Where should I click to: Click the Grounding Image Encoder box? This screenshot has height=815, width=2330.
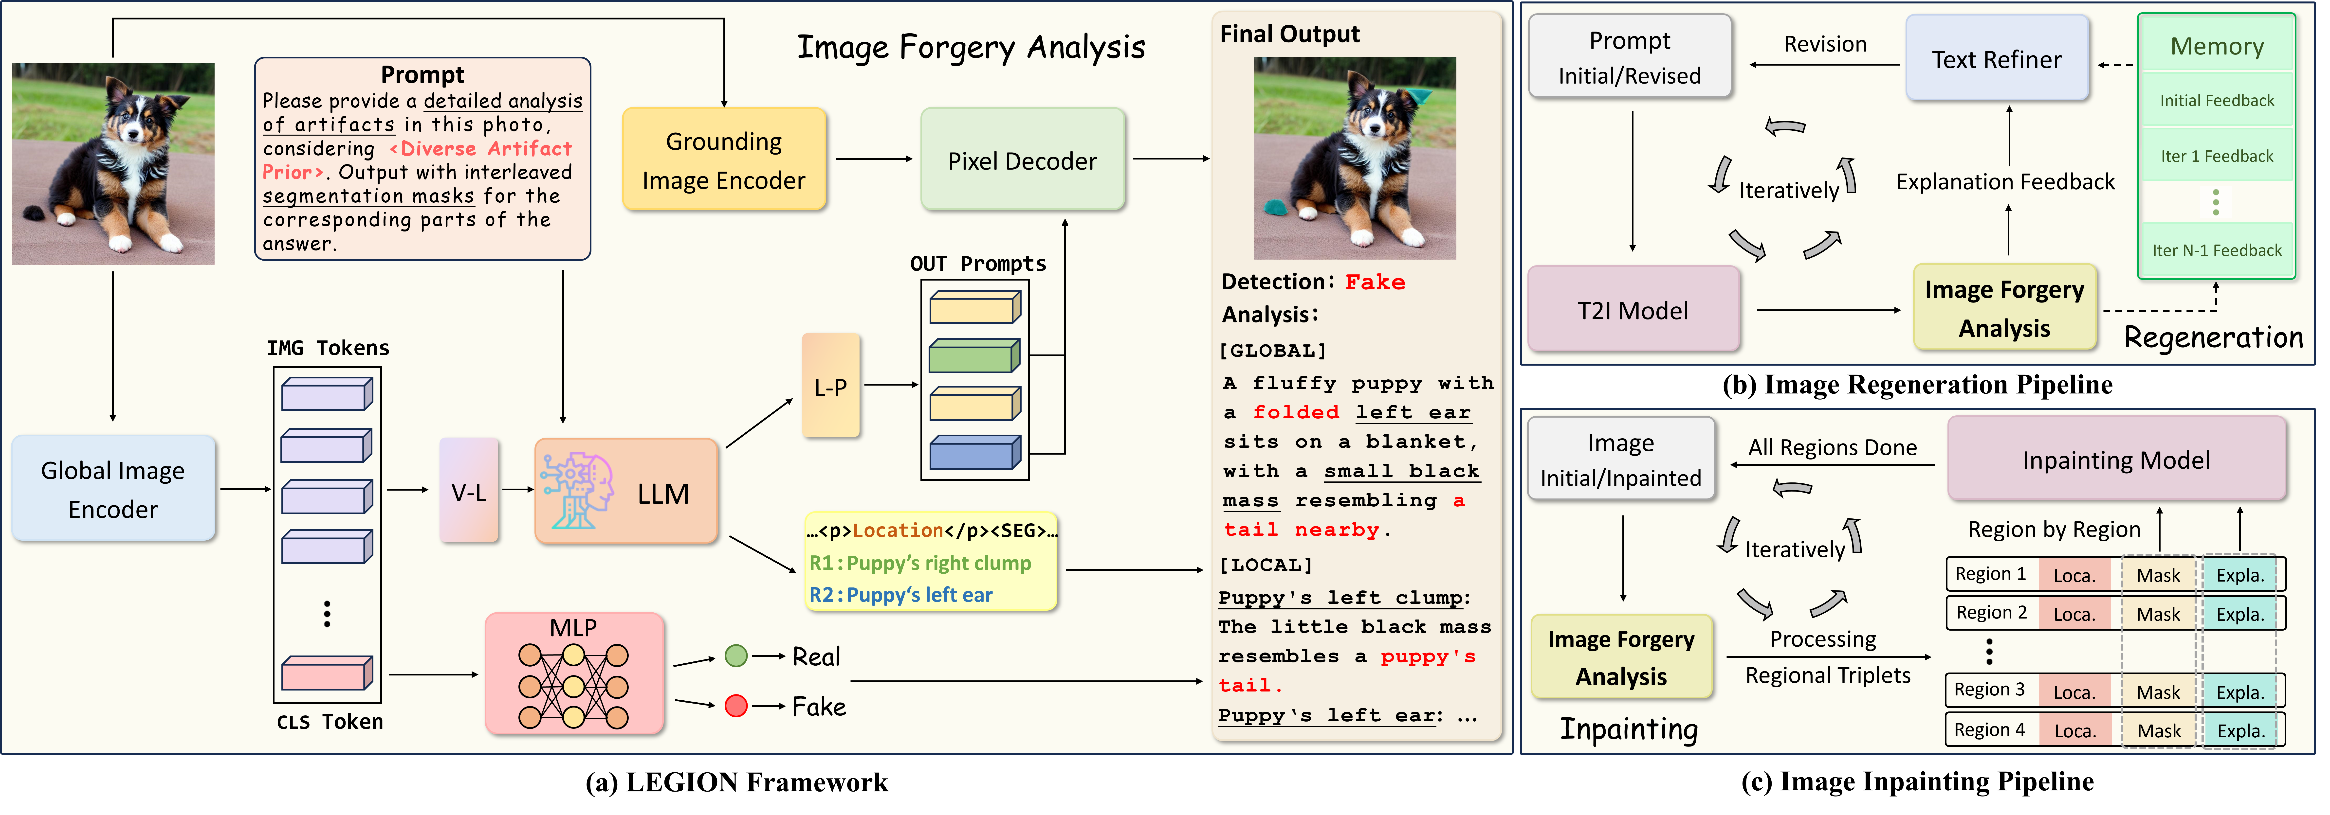pyautogui.click(x=724, y=159)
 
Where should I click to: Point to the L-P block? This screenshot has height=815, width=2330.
pyautogui.click(x=830, y=386)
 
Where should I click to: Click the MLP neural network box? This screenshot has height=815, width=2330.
pyautogui.click(x=574, y=673)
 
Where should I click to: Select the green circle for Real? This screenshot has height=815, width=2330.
pyautogui.click(x=736, y=656)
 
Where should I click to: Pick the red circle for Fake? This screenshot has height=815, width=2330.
pyautogui.click(x=736, y=706)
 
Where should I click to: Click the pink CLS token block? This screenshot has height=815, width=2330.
pyautogui.click(x=327, y=673)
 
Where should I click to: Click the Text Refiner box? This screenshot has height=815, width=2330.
pyautogui.click(x=1997, y=59)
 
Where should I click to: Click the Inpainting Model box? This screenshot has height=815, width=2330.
pyautogui.click(x=2117, y=460)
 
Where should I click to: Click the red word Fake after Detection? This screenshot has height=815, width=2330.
pyautogui.click(x=1375, y=282)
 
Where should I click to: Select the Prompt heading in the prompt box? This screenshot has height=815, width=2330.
pyautogui.click(x=422, y=74)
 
